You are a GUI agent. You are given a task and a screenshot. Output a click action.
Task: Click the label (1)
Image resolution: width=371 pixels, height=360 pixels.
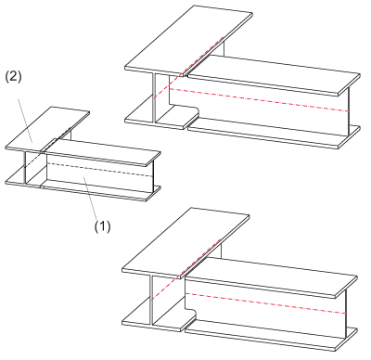pos(102,226)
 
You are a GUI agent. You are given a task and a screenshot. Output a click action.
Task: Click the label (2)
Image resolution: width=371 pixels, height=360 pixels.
pos(13,77)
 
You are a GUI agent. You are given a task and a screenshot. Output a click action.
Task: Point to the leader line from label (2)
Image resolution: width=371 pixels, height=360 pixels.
pos(25,121)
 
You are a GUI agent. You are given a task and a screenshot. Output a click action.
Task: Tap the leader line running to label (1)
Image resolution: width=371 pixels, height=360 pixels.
pos(91,198)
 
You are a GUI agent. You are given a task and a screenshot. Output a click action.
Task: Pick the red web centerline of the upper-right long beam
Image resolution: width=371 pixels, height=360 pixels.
pos(259,99)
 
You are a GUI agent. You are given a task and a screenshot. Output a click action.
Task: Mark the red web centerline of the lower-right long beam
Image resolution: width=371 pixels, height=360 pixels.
pos(265,303)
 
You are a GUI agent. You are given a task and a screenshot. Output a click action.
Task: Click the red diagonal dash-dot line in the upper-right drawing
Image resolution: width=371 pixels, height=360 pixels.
pos(188,68)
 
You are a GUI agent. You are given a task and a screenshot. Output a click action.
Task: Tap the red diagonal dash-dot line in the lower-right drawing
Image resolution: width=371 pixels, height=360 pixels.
pos(185,269)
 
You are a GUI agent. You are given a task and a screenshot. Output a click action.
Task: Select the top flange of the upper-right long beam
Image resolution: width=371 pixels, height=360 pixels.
pos(274,74)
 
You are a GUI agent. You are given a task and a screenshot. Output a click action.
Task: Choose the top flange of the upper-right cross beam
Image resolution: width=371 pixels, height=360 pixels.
pos(188,40)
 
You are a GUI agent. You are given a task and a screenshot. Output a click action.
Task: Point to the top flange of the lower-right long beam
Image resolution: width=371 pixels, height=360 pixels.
pos(271,276)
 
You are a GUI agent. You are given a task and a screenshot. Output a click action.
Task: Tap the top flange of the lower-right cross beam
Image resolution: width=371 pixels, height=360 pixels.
pos(185,242)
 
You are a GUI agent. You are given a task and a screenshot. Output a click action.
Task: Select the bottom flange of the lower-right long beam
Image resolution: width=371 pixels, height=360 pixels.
pos(272,337)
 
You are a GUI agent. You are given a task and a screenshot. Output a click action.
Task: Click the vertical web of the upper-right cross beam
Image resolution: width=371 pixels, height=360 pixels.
pos(154,97)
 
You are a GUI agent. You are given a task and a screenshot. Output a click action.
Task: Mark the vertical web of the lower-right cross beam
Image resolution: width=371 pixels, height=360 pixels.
pos(151,300)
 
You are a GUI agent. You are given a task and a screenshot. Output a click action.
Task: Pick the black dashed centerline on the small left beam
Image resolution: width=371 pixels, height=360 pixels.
pos(100,170)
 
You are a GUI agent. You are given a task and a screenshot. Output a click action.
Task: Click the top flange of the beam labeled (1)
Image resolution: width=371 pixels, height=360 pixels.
pos(103,152)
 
